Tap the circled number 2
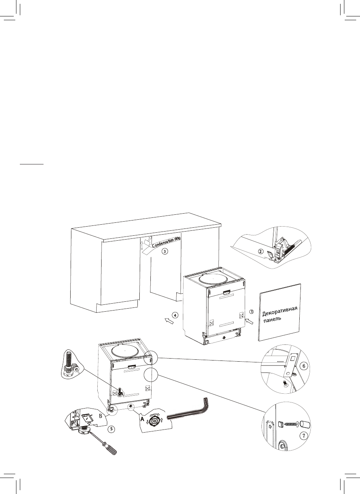(260, 251)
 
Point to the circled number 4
(174, 315)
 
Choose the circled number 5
(111, 429)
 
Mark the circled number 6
(304, 366)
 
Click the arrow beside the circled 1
(248, 322)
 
